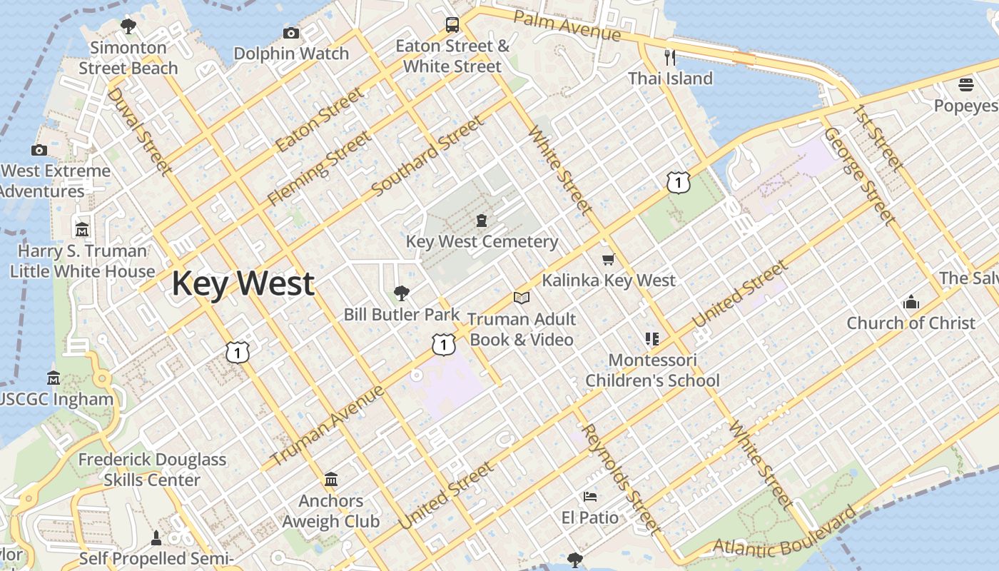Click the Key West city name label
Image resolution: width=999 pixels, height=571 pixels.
tap(243, 283)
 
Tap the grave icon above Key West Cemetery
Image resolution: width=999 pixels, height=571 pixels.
tap(482, 221)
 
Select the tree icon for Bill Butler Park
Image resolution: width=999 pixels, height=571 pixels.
tap(402, 293)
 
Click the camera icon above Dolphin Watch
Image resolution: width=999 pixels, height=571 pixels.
tap(290, 33)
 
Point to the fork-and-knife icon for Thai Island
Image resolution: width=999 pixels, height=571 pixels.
tap(669, 57)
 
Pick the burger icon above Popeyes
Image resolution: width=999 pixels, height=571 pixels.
tap(966, 86)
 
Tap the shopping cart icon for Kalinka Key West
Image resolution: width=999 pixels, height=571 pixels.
tap(608, 260)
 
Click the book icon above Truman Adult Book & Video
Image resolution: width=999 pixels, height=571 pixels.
tap(522, 298)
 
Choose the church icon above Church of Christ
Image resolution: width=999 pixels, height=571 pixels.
tap(911, 302)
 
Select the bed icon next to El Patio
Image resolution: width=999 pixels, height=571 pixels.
tap(589, 497)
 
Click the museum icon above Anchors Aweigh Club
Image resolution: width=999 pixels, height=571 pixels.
tap(331, 480)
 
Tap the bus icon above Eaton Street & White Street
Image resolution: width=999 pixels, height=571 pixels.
tap(452, 25)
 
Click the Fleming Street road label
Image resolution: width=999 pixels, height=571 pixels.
tap(319, 168)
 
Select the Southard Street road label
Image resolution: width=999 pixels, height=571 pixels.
tap(427, 156)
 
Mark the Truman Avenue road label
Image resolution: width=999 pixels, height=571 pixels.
tap(328, 425)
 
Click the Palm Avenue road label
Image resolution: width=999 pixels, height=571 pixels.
tap(567, 26)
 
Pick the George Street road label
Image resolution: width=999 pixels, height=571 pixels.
tap(858, 176)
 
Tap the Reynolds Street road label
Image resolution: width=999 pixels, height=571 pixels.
tap(619, 479)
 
